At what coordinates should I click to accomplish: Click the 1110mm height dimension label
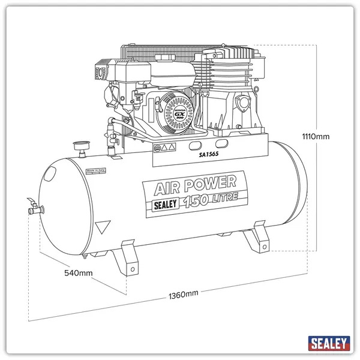coord(317,136)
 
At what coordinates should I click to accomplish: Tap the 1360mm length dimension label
coord(184,294)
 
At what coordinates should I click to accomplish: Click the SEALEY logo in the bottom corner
coord(329,344)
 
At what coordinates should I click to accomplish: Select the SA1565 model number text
coord(210,154)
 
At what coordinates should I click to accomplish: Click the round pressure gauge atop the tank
coord(77,146)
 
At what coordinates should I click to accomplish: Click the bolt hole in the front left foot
coord(131,270)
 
